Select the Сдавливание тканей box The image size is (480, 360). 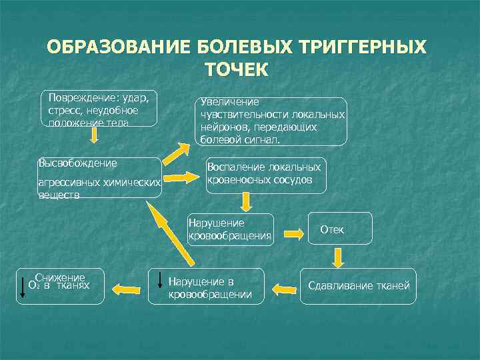click(x=358, y=287)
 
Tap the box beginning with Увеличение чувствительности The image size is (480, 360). click(x=272, y=121)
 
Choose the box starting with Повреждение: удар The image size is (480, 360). click(x=98, y=107)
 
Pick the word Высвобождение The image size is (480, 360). click(x=78, y=163)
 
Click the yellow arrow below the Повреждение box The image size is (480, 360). click(x=95, y=135)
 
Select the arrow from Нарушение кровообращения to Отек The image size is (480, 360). click(x=295, y=234)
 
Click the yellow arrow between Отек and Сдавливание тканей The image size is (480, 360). click(x=339, y=255)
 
